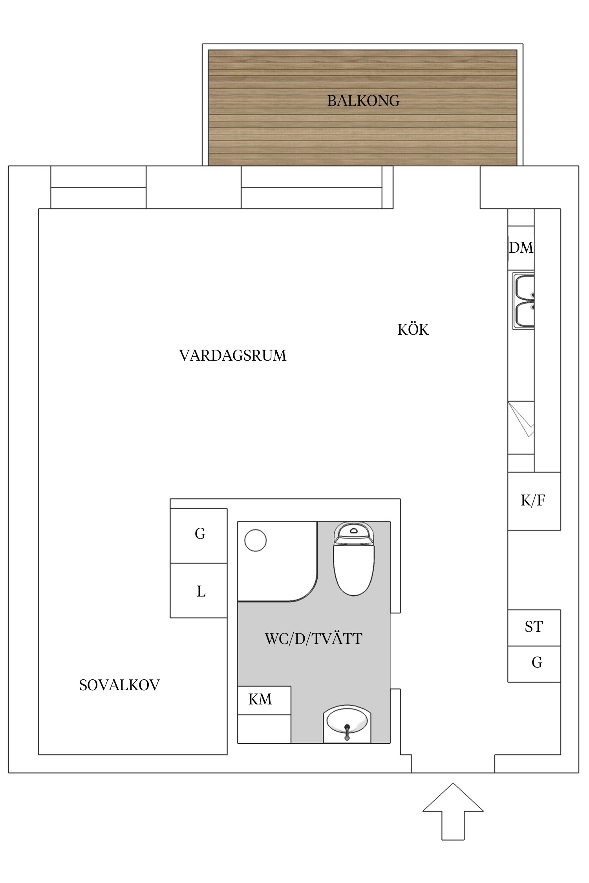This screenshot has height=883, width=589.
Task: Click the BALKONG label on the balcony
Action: [x=363, y=101]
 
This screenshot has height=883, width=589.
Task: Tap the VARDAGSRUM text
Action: [x=232, y=356]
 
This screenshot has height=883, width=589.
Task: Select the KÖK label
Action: [x=413, y=330]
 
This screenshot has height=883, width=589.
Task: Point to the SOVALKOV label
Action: [x=119, y=685]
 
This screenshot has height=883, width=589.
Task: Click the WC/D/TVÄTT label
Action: [x=313, y=639]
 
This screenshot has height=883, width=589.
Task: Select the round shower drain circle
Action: [x=255, y=540]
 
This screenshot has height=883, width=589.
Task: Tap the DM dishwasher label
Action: [x=521, y=248]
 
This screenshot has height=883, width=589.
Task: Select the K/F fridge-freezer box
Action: [x=534, y=501]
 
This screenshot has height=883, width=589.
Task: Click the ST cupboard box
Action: [x=534, y=627]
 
